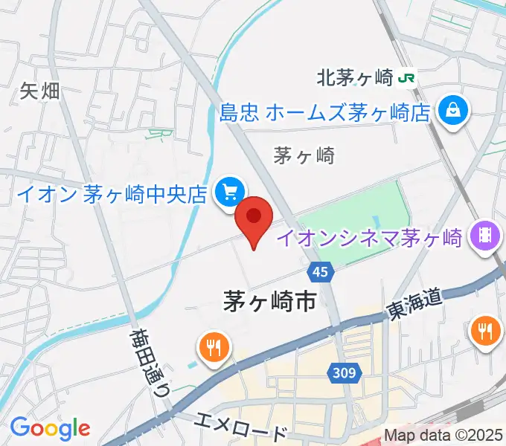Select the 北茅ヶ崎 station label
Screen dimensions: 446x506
coord(355,77)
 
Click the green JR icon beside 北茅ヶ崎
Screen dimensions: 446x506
coord(406,77)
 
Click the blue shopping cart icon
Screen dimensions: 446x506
coord(228,193)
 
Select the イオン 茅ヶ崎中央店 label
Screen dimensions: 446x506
coord(112,195)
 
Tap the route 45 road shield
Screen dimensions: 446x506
coord(320,272)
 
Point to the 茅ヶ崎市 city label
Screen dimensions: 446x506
coord(270,300)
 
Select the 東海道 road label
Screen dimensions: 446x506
coord(414,303)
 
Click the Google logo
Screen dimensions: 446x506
coord(50,428)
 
